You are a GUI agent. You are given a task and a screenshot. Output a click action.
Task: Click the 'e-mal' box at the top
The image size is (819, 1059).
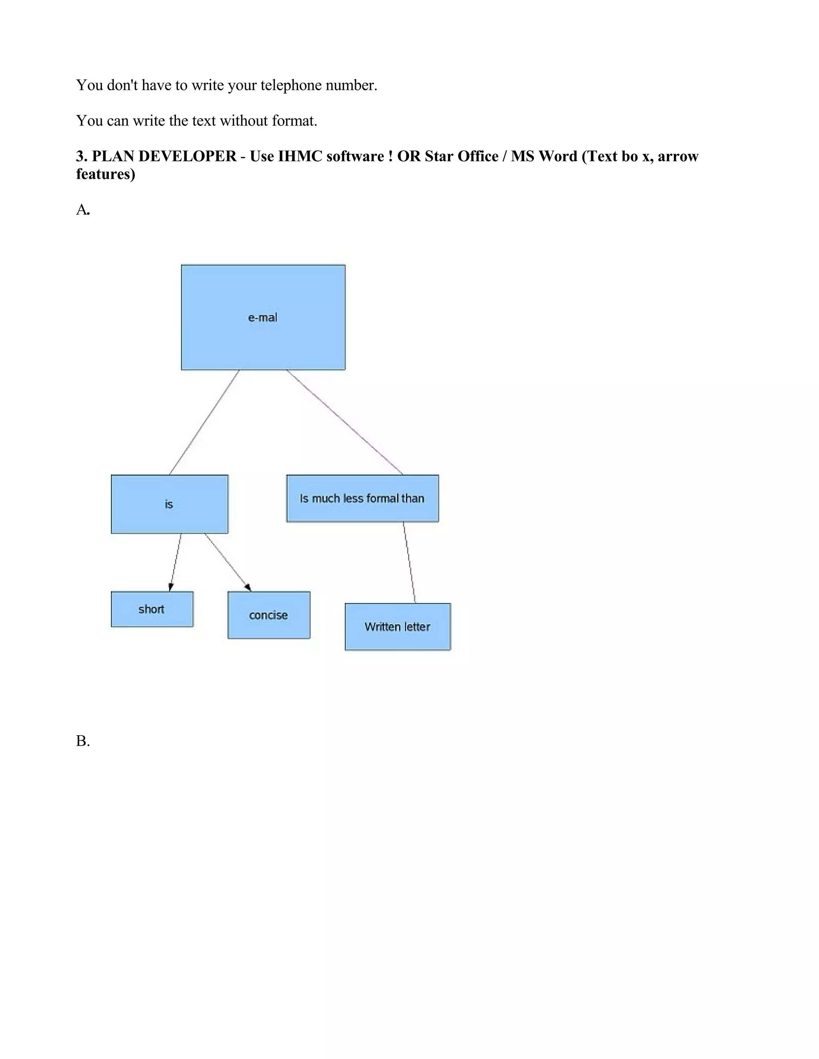[x=263, y=317]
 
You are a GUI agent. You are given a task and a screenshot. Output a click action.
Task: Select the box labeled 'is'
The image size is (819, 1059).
[x=169, y=504]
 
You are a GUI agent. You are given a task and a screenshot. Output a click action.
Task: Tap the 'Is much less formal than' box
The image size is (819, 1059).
[x=362, y=498]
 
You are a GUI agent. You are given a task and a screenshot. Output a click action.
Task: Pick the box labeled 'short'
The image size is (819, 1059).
[x=152, y=609]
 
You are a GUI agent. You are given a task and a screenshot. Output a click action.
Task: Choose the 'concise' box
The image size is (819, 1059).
[x=269, y=615]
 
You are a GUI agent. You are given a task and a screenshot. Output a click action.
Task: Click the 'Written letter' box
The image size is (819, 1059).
[x=398, y=627]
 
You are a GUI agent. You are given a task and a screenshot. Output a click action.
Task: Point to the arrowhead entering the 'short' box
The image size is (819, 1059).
[x=170, y=587]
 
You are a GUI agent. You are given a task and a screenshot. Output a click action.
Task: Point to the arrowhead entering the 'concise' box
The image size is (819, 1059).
[x=248, y=588]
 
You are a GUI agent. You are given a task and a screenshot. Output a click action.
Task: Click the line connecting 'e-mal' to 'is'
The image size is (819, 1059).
[x=204, y=422]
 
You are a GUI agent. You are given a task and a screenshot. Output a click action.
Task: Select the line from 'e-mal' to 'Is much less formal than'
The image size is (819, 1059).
[x=344, y=422]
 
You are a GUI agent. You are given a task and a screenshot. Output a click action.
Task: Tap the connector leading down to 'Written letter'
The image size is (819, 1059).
[x=409, y=563]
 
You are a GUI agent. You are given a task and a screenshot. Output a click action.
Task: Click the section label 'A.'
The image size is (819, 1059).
[x=82, y=209]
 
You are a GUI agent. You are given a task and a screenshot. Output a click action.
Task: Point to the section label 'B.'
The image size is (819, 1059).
[x=82, y=741]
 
